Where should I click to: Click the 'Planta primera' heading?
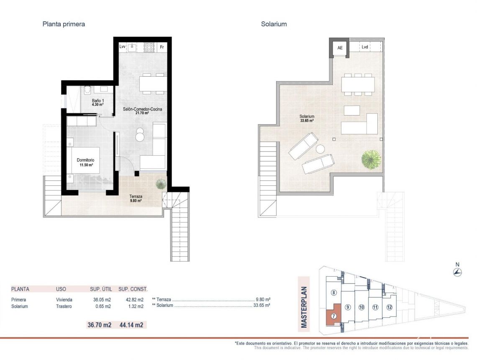pos(64,24)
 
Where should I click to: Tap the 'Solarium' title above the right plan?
pos(274,24)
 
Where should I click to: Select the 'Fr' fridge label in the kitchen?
pos(162,47)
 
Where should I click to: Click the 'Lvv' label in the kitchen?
pos(122,47)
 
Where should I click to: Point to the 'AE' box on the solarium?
pos(340,48)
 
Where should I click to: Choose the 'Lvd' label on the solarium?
pos(365,47)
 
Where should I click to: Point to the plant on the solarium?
pos(371,159)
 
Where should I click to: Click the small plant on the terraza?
pos(160,184)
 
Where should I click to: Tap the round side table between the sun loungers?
pos(321,149)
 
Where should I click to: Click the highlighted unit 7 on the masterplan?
pos(333,316)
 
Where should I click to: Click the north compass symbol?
pos(457,272)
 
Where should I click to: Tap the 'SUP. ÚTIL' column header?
pos(101,289)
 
